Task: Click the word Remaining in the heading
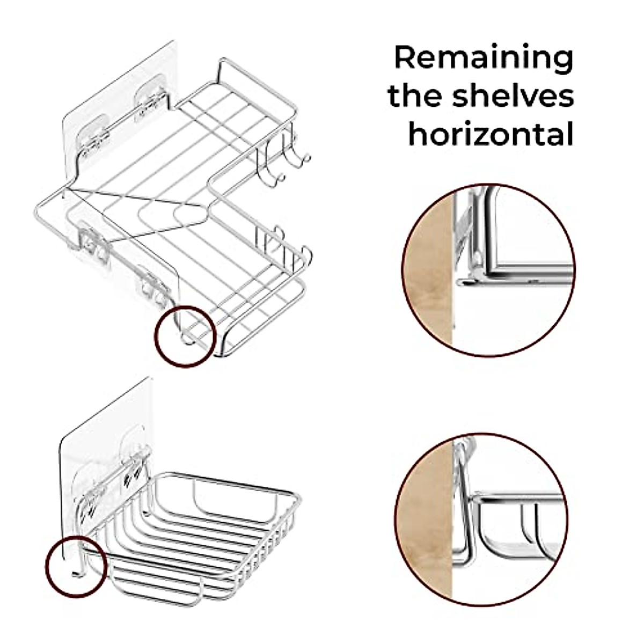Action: (484, 58)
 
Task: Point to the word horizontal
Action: (491, 135)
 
